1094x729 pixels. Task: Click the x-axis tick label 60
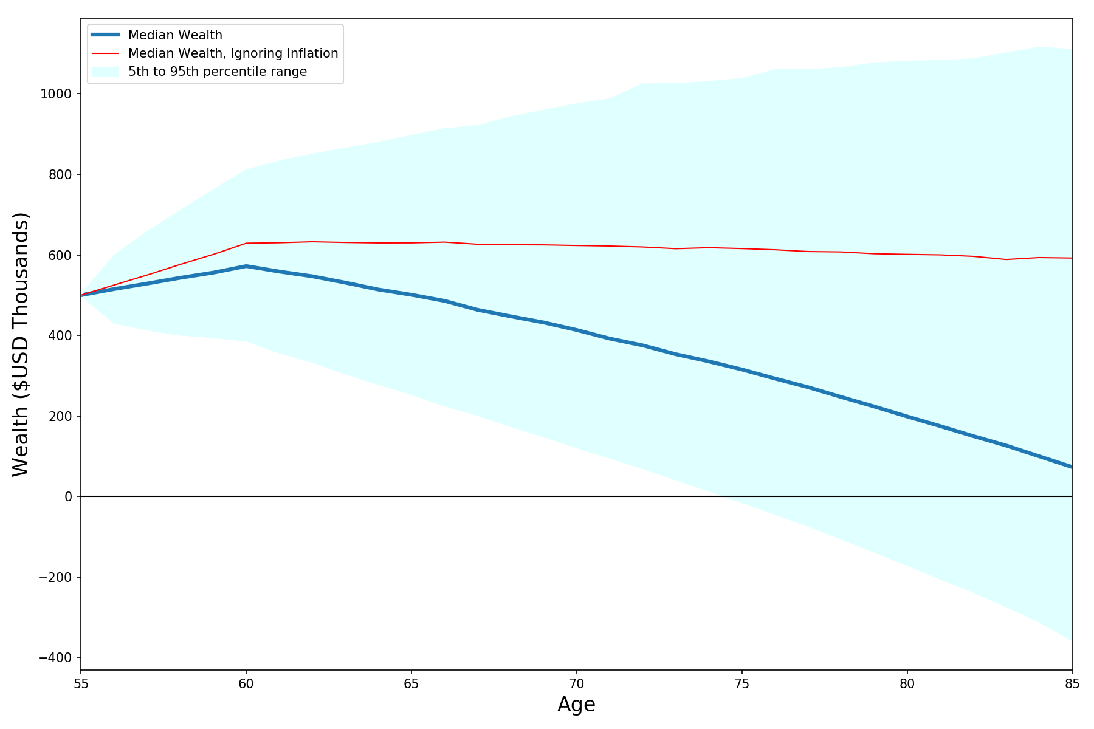(246, 683)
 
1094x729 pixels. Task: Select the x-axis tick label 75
(741, 683)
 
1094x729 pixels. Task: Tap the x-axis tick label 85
(1072, 683)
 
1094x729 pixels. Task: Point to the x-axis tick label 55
(81, 683)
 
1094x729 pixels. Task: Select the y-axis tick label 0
(69, 497)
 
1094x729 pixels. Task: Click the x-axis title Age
(576, 705)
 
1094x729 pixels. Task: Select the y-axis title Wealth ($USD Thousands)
(21, 344)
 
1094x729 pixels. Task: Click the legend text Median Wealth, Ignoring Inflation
(233, 53)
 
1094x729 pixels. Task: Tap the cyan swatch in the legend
(105, 72)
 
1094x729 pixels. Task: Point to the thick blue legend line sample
(105, 35)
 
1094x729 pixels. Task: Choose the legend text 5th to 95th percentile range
(218, 72)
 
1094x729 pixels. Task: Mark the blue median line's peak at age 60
(246, 266)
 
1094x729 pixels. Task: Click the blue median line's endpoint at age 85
(1072, 467)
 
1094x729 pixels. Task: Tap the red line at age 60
(246, 243)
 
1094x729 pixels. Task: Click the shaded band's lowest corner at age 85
(1072, 640)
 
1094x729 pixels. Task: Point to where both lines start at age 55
(81, 296)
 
